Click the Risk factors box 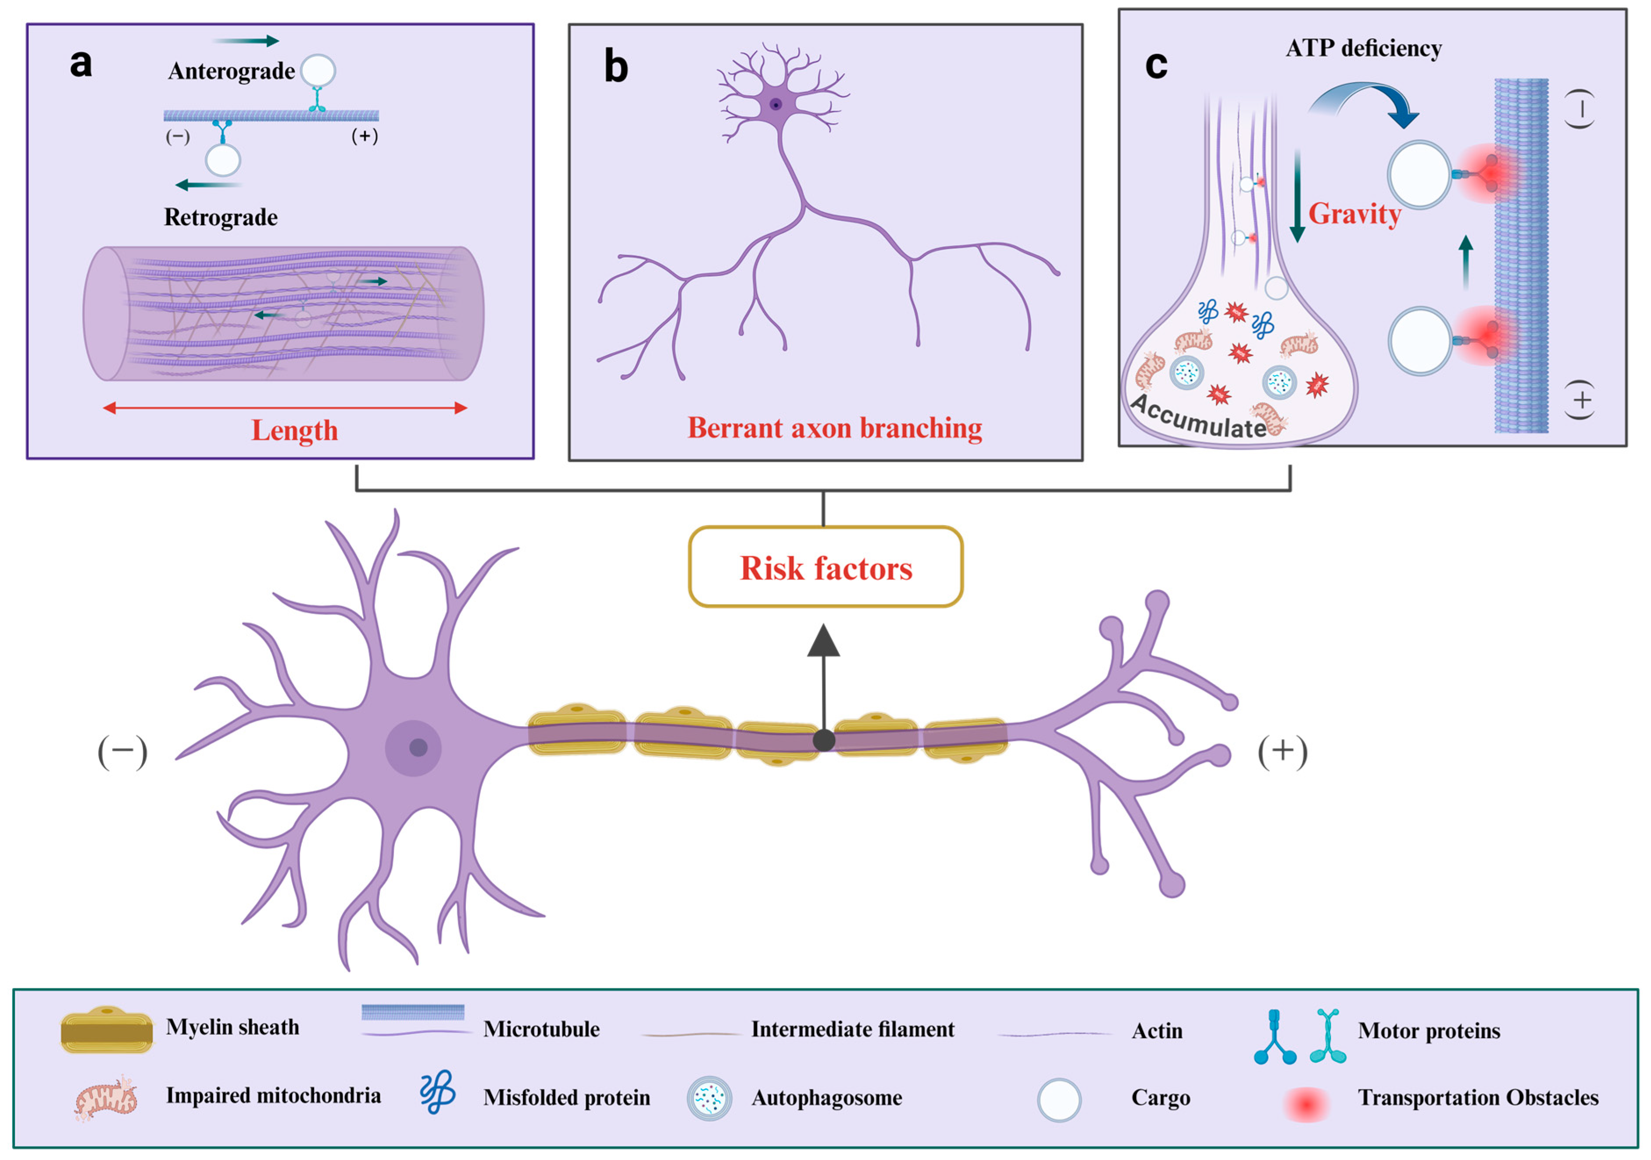click(x=825, y=567)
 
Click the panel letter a click(x=81, y=63)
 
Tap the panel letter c click(x=1155, y=65)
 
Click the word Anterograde click(x=231, y=71)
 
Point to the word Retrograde click(x=221, y=217)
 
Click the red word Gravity click(x=1354, y=214)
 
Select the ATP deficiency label click(x=1363, y=48)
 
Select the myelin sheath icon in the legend click(x=107, y=1030)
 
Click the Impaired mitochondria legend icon click(x=106, y=1098)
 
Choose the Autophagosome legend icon click(x=709, y=1099)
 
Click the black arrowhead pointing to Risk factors click(x=823, y=641)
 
